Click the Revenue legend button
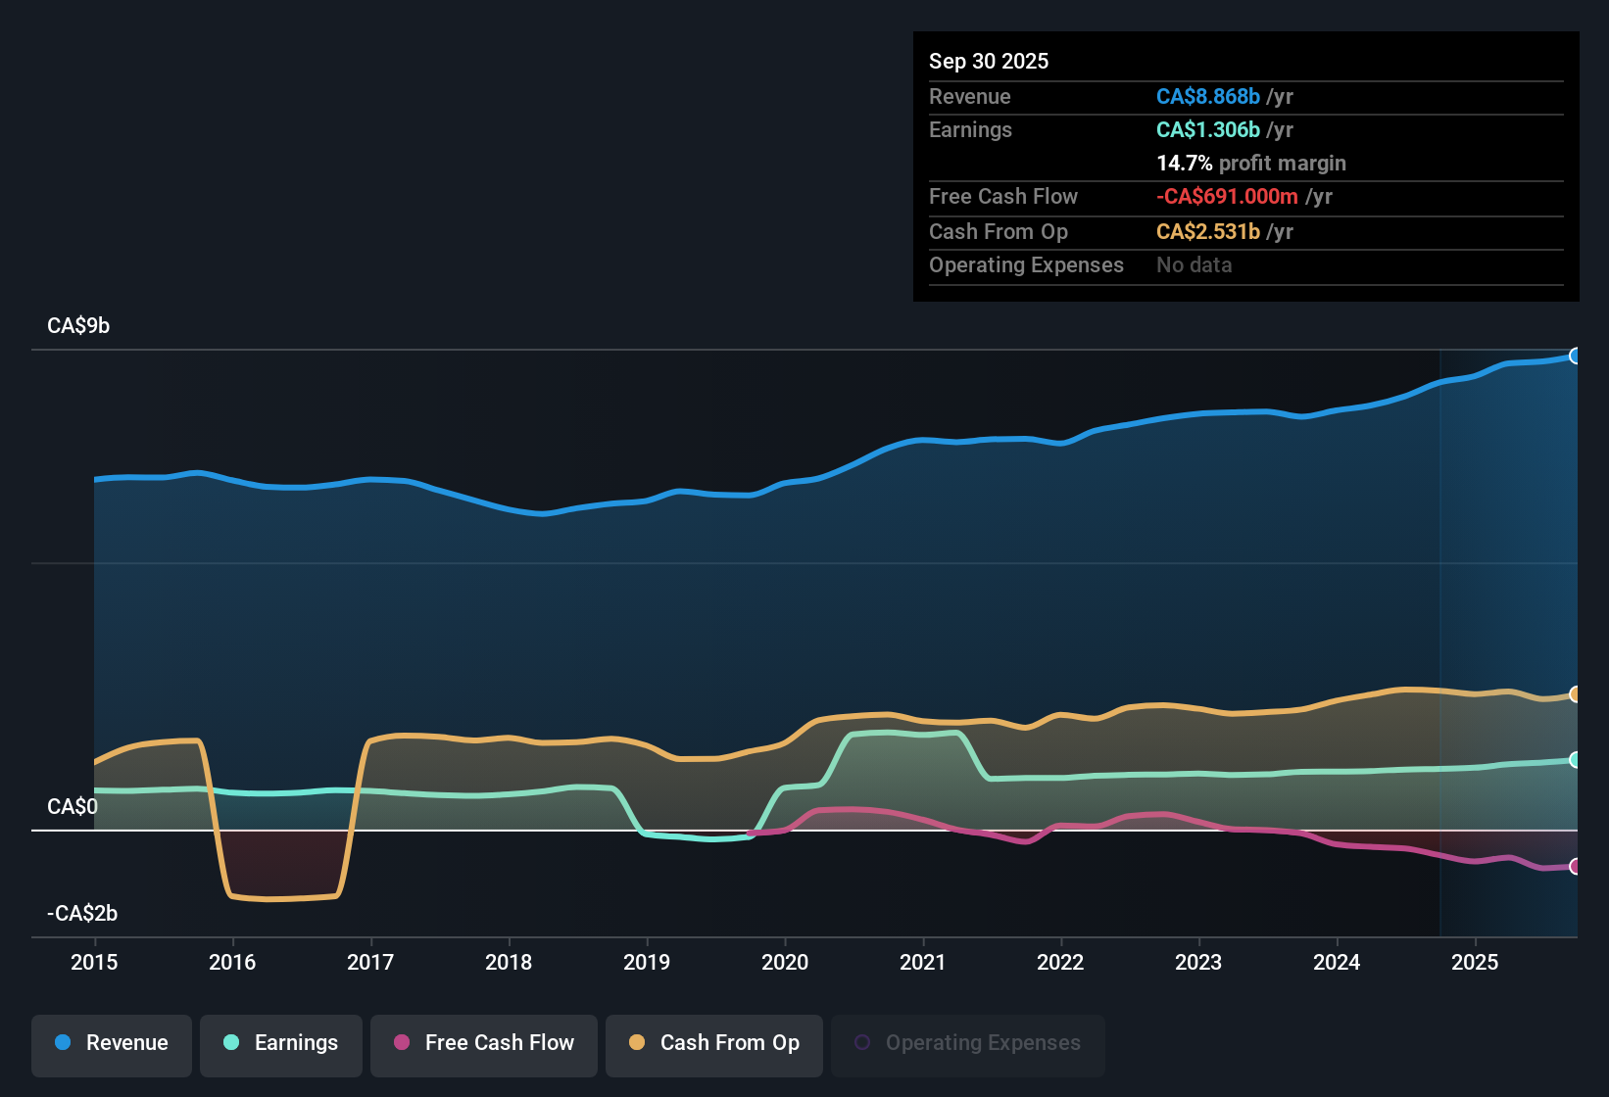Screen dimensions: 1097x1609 112,1043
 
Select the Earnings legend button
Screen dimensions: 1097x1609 281,1043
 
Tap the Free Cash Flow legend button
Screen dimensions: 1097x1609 484,1043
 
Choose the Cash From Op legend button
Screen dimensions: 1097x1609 714,1043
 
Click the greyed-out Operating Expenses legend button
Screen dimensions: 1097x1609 968,1043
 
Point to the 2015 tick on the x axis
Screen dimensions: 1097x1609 94,962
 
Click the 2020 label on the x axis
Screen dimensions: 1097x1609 785,962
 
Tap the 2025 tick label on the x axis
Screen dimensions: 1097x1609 1475,962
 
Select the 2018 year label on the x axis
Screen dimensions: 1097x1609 509,962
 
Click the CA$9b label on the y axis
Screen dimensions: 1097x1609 78,326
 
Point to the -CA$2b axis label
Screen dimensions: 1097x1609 82,914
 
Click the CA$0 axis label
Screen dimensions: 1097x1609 73,807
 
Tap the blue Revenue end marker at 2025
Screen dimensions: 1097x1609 1575,356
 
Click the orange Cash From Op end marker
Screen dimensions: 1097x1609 1575,694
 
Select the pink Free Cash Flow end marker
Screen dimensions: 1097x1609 1575,866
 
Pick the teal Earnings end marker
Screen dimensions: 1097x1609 1575,760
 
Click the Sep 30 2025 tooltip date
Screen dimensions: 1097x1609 989,61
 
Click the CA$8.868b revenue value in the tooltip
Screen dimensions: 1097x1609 1207,96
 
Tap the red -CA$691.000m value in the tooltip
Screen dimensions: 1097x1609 1227,196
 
